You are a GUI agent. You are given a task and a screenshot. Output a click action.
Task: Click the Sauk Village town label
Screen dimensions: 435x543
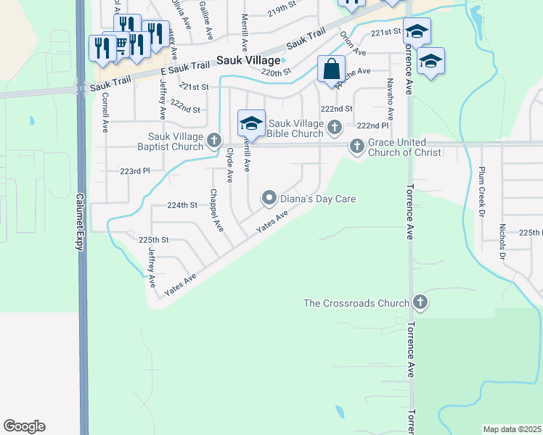click(x=248, y=62)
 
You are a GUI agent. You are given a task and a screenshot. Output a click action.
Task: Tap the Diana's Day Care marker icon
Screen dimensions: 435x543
click(x=269, y=198)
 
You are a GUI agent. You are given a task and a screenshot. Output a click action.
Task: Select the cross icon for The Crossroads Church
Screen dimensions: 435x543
click(x=419, y=302)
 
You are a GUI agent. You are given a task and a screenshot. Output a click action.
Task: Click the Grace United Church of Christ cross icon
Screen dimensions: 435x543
click(x=356, y=146)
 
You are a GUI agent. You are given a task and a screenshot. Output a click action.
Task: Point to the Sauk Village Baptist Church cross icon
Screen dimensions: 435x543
click(x=213, y=140)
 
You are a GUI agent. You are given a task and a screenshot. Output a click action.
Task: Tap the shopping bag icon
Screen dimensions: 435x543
click(x=331, y=70)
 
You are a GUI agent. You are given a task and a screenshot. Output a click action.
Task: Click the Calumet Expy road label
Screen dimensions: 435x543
click(x=79, y=222)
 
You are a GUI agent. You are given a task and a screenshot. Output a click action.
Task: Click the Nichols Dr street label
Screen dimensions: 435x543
click(x=502, y=241)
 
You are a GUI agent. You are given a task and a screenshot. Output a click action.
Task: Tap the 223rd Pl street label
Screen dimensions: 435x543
click(x=134, y=171)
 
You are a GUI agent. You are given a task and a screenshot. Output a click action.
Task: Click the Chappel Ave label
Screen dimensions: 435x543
click(x=216, y=210)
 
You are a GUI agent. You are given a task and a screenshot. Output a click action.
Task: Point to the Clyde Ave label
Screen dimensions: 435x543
click(x=230, y=165)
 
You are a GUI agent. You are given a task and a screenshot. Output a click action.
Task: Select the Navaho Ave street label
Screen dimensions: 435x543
click(x=391, y=99)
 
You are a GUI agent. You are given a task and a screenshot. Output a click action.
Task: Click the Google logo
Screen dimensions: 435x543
click(x=24, y=426)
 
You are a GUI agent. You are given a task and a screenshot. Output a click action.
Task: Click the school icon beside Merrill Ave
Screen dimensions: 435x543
click(x=251, y=123)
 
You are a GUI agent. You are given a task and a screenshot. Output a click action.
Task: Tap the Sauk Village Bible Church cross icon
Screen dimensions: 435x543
click(x=334, y=128)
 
